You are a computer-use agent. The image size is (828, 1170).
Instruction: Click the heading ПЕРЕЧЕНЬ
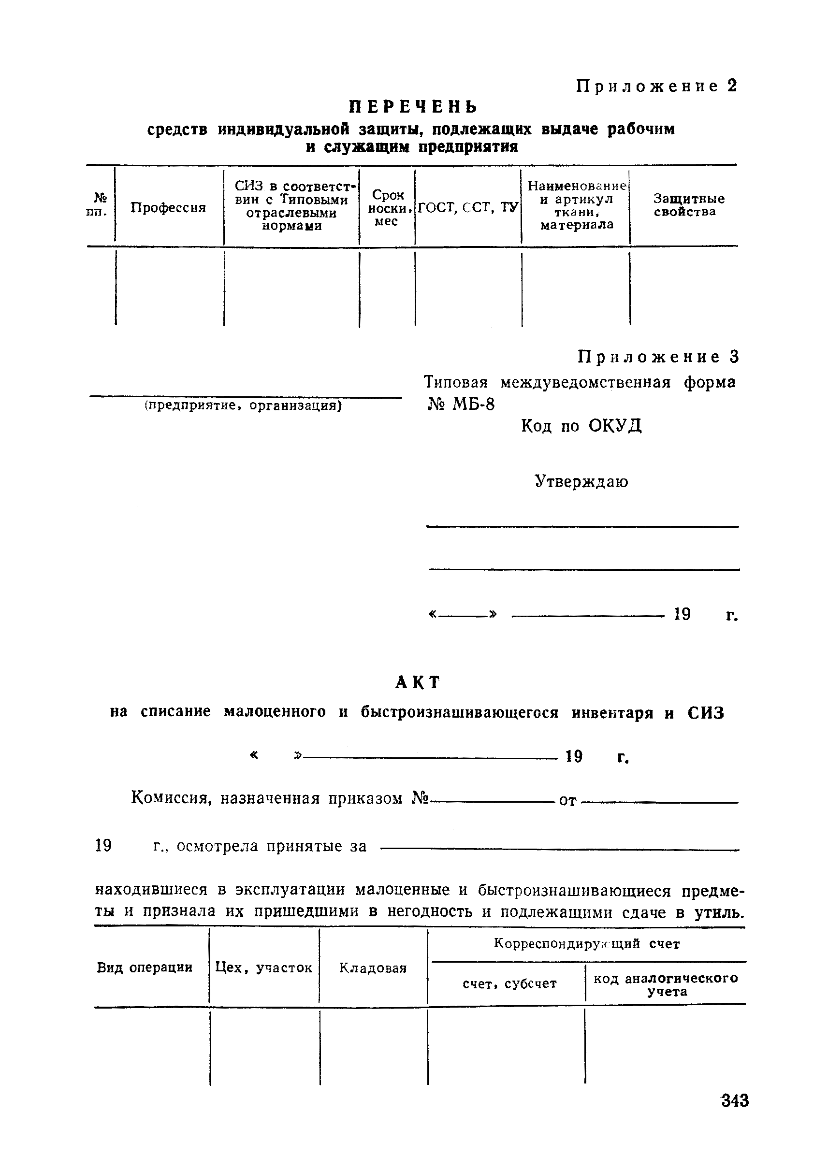(x=413, y=106)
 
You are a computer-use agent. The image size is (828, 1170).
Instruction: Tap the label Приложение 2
(x=657, y=86)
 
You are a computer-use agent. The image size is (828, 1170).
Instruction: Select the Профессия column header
(x=168, y=207)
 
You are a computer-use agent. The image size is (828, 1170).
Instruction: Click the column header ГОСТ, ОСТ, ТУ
(x=467, y=207)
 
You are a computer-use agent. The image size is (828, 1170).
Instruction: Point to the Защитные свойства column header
(x=688, y=205)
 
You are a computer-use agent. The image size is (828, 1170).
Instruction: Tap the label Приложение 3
(x=658, y=357)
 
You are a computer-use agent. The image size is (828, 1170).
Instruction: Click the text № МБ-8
(x=460, y=404)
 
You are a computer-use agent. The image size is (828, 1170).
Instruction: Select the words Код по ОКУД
(x=581, y=425)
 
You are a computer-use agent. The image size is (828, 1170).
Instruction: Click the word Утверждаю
(x=581, y=481)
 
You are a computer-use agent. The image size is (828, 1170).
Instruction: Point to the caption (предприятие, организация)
(x=243, y=405)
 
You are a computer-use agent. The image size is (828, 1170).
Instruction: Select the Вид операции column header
(x=145, y=968)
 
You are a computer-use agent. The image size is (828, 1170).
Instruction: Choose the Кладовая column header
(x=373, y=968)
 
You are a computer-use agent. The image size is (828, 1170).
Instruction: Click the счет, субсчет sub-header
(x=509, y=984)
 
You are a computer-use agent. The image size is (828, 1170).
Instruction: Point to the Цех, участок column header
(x=263, y=968)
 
